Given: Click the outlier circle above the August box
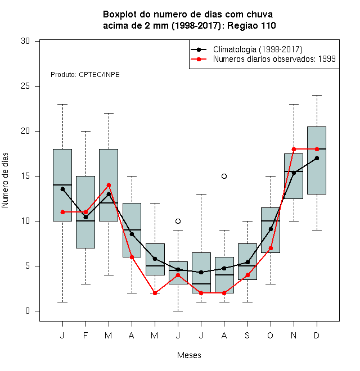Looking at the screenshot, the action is pyautogui.click(x=224, y=177).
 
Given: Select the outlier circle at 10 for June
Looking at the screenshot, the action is pyautogui.click(x=178, y=221).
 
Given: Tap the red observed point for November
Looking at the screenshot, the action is pyautogui.click(x=294, y=150).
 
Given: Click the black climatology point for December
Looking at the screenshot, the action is pyautogui.click(x=317, y=158).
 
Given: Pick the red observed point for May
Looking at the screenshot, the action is pyautogui.click(x=155, y=293).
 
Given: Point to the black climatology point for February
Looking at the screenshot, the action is pyautogui.click(x=85, y=217).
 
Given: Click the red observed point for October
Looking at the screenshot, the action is pyautogui.click(x=271, y=248).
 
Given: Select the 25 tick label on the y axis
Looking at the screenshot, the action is pyautogui.click(x=25, y=86).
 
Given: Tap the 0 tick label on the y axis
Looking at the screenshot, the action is pyautogui.click(x=28, y=311).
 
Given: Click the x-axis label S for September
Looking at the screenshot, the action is pyautogui.click(x=247, y=336).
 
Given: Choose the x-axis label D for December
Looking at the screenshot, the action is pyautogui.click(x=317, y=336).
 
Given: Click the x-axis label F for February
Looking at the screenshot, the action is pyautogui.click(x=85, y=336).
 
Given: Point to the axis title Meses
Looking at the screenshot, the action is pyautogui.click(x=189, y=355).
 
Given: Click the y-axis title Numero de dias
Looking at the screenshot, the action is pyautogui.click(x=5, y=180).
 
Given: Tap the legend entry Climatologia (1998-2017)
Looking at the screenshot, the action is pyautogui.click(x=258, y=49).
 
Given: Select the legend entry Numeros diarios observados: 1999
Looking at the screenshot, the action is pyautogui.click(x=274, y=59).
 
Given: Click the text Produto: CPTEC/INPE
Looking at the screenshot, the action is pyautogui.click(x=85, y=75).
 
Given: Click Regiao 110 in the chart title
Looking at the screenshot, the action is pyautogui.click(x=251, y=25).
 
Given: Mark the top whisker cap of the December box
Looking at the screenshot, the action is pyautogui.click(x=317, y=96).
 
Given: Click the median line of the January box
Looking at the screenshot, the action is pyautogui.click(x=62, y=185).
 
